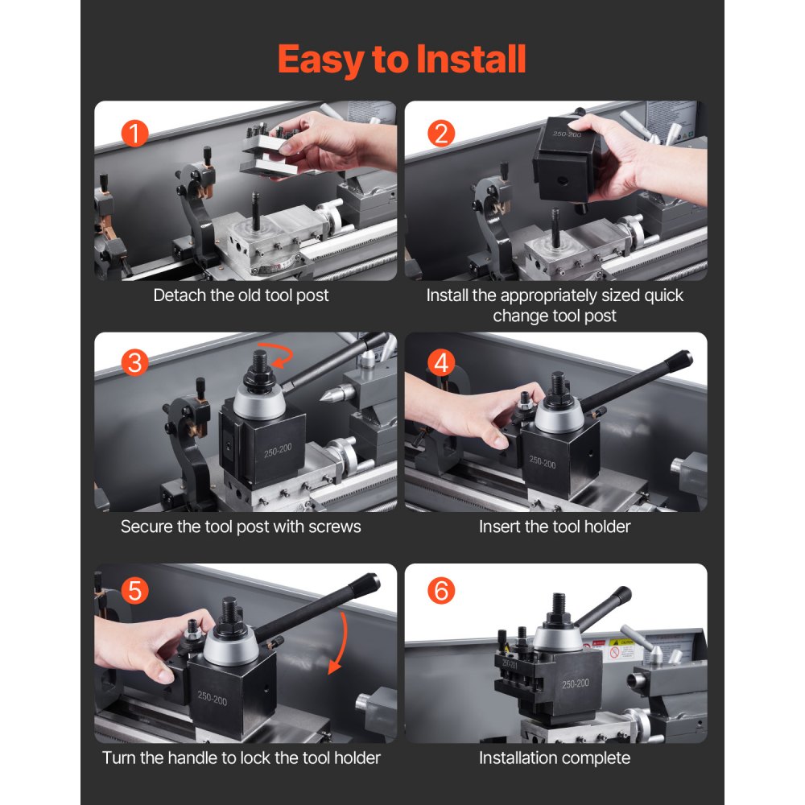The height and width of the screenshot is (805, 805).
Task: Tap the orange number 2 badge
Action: tap(440, 133)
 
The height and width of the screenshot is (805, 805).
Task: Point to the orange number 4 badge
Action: tap(440, 363)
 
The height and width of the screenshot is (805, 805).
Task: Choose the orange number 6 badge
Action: tap(440, 592)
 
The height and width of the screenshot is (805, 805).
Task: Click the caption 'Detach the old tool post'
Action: tap(241, 295)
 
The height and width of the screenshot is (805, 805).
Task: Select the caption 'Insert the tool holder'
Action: tap(555, 526)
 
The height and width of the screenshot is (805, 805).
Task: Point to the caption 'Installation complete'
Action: tap(555, 758)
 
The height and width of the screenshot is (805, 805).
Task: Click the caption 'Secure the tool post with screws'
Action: tap(241, 526)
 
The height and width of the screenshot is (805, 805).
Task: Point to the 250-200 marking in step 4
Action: tap(543, 462)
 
